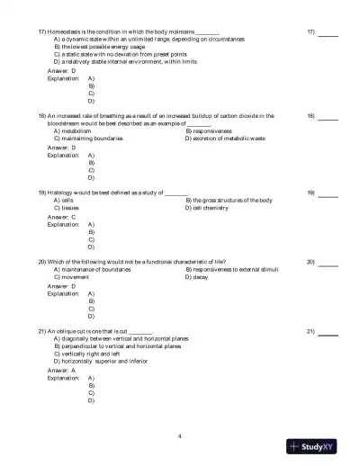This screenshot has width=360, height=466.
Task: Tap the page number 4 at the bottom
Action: tap(180, 436)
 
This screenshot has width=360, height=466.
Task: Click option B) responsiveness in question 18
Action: tap(214, 130)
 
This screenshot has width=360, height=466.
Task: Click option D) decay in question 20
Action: tap(200, 276)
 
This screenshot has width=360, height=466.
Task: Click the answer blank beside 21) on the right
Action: tap(328, 332)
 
